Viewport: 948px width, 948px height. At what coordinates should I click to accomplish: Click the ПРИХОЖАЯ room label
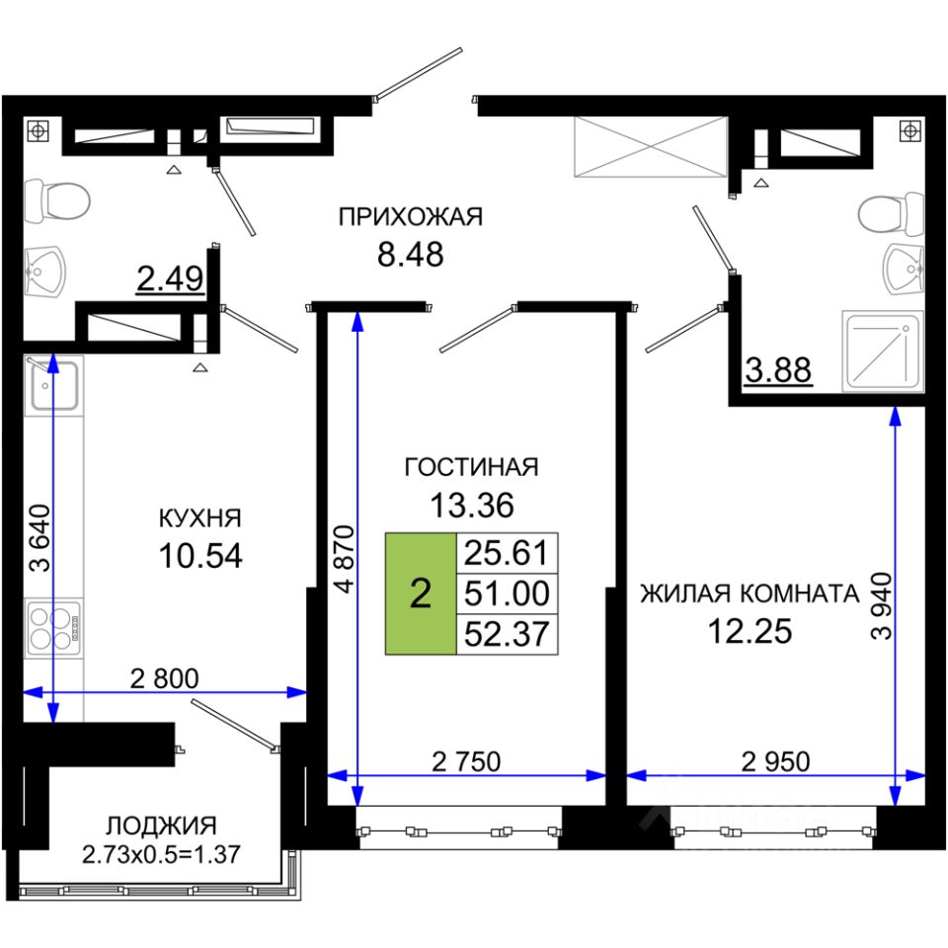point(411,217)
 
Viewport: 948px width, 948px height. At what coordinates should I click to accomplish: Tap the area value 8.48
point(411,255)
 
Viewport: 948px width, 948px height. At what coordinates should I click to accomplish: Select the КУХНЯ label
point(200,518)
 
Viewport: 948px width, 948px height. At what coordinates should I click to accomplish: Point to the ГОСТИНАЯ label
point(471,467)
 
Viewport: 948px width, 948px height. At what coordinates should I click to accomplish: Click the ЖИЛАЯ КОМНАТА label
point(750,593)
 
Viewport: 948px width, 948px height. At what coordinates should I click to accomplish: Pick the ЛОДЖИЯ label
point(161,826)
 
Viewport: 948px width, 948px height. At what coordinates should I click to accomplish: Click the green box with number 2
point(421,593)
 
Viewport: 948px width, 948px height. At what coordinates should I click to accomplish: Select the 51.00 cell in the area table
point(508,593)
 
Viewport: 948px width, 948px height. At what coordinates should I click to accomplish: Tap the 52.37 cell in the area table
point(508,634)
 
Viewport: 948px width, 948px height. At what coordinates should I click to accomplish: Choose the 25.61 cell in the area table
point(508,553)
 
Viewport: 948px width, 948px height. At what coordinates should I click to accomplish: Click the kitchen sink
point(53,385)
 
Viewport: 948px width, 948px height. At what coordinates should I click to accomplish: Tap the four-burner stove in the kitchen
point(53,629)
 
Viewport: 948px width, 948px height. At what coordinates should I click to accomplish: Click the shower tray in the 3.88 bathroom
point(883,352)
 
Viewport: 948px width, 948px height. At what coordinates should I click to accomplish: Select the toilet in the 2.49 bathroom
point(57,200)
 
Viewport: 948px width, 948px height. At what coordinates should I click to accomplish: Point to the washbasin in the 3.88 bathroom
point(904,270)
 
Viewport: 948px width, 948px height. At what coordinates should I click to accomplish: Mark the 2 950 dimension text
point(776,761)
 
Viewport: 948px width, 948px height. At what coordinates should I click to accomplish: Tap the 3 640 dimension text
point(40,538)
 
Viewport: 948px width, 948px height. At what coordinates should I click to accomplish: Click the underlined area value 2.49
point(170,279)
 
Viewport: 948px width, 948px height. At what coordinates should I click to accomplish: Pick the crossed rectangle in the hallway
point(651,147)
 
